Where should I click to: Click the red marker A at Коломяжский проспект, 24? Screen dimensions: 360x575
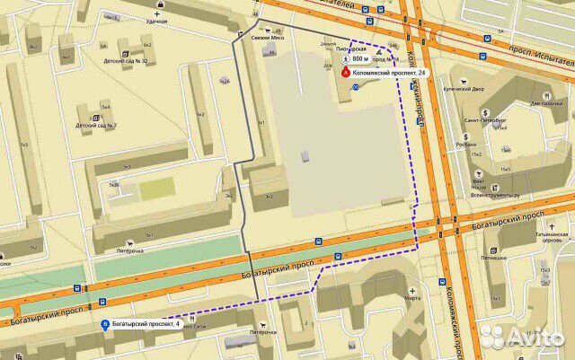tap(347, 72)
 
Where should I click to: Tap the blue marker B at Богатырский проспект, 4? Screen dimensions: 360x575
tap(107, 324)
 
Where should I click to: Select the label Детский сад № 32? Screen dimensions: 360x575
tap(126, 60)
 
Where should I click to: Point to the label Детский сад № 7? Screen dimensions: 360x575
tap(98, 126)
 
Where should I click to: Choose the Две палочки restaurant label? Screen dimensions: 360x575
tap(545, 102)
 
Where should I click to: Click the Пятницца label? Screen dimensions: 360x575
tap(493, 258)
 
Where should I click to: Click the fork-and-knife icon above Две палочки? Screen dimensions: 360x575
tap(546, 93)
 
